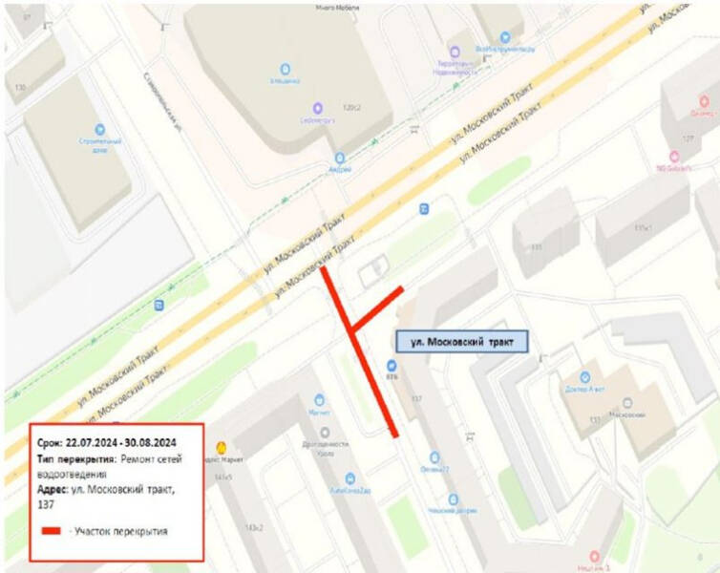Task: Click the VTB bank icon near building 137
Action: point(391,365)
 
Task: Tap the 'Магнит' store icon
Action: point(320,400)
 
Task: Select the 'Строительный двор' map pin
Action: point(98,128)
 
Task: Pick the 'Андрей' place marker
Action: point(339,158)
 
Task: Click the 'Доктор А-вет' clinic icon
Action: point(584,376)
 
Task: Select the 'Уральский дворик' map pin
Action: point(453,499)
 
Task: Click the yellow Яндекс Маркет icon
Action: point(223,445)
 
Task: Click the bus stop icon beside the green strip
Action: point(159,305)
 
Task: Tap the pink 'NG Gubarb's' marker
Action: point(672,157)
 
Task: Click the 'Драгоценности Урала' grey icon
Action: point(325,432)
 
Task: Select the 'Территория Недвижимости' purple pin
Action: point(455,54)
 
